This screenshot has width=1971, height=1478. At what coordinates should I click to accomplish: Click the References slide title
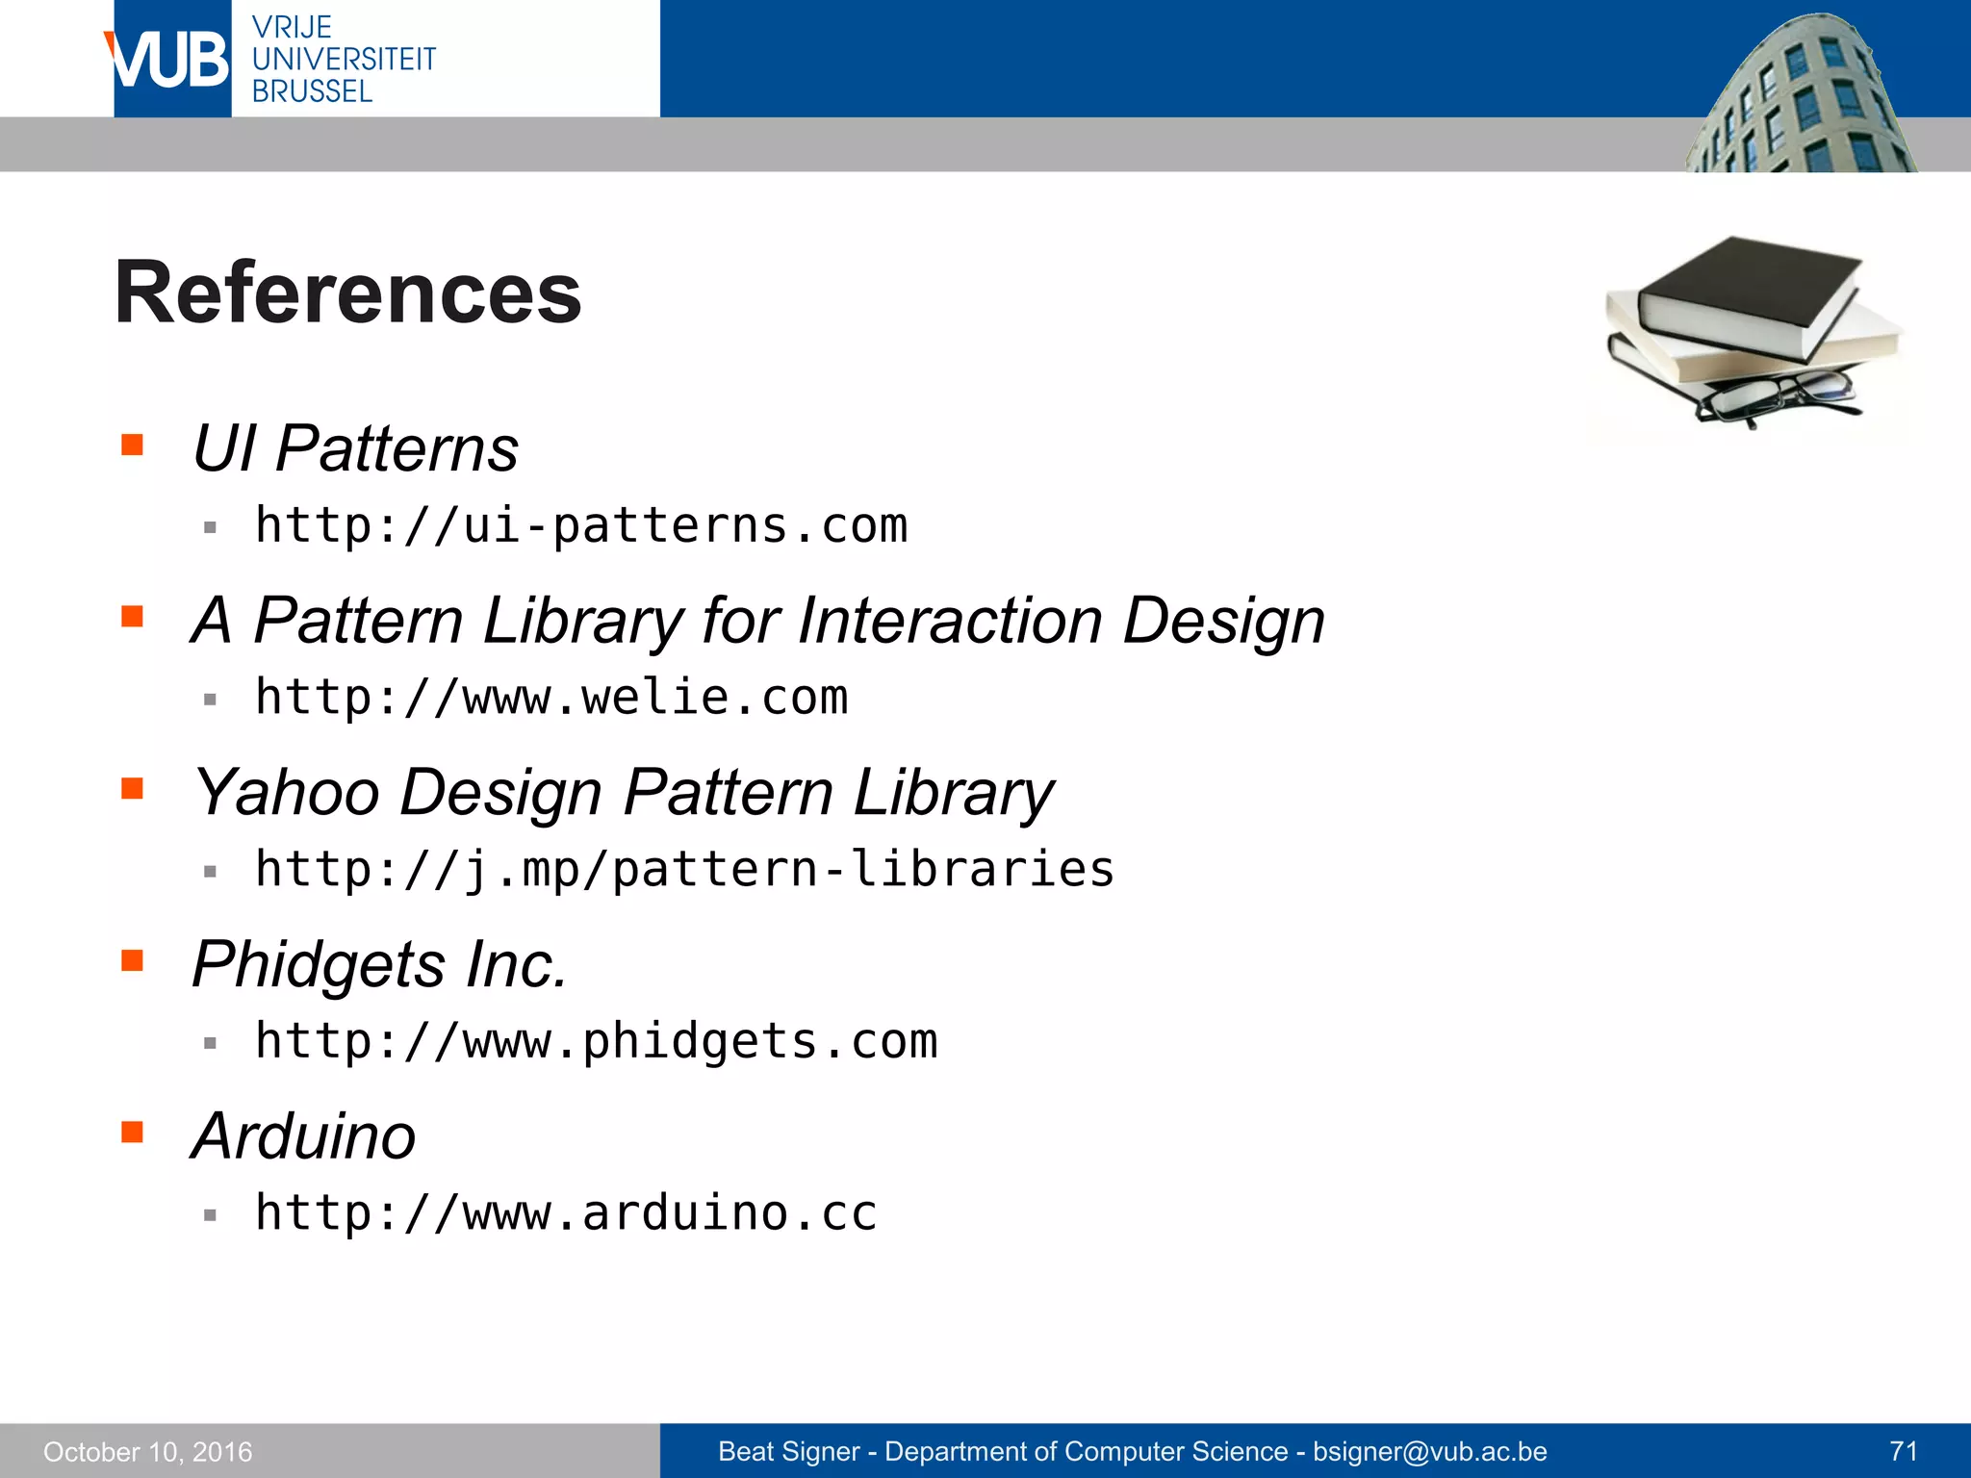(x=347, y=293)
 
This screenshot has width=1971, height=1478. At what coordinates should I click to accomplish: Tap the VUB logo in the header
(x=169, y=60)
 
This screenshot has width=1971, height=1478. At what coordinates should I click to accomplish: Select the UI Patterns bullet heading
(x=355, y=449)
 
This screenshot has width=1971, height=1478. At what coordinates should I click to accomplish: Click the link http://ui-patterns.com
(x=581, y=526)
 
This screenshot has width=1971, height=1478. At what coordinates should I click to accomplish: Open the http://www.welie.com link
(x=551, y=698)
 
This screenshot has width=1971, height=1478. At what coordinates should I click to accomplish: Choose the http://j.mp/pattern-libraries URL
(x=684, y=870)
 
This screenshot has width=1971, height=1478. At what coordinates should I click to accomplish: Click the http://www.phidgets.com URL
(x=596, y=1041)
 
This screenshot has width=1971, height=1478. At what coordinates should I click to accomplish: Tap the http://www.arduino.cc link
(x=566, y=1213)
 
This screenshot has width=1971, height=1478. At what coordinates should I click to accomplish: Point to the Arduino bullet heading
(x=304, y=1136)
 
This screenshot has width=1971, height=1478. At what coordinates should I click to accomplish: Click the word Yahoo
(x=287, y=794)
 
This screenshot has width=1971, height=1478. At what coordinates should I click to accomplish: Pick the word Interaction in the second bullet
(x=950, y=621)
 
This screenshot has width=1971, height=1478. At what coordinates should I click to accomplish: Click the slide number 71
(x=1904, y=1451)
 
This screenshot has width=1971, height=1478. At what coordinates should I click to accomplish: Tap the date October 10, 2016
(x=148, y=1452)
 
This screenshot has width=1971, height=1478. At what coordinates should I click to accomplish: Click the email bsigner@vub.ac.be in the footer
(x=1430, y=1451)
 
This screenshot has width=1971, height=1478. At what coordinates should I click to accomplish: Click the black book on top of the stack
(x=1747, y=293)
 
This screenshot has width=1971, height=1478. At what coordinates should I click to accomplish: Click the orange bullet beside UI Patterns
(x=133, y=445)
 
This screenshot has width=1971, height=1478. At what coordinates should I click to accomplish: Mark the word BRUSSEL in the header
(x=312, y=92)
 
